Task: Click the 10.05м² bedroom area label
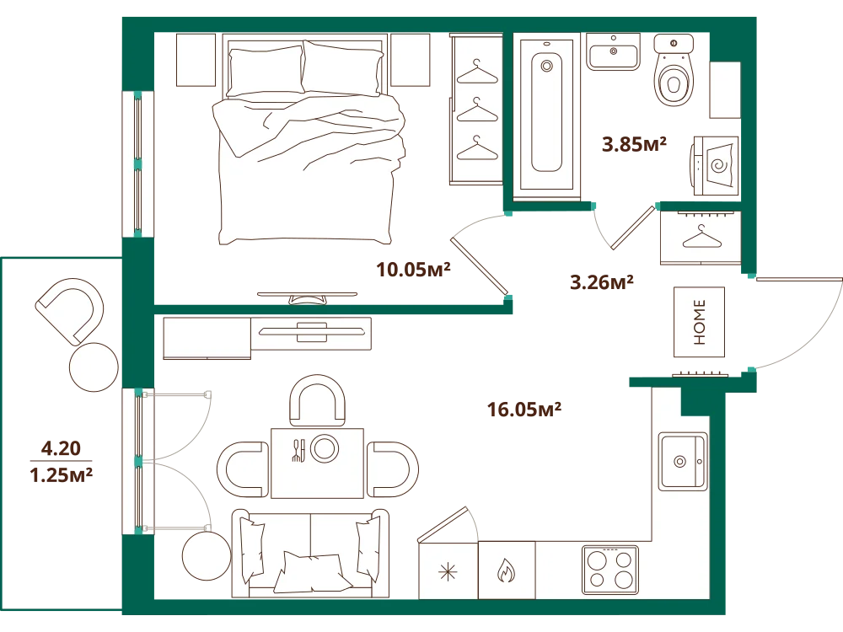[413, 270]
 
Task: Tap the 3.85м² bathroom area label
[634, 144]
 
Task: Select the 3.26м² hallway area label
[602, 282]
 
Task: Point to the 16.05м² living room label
[524, 410]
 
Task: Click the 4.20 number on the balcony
[61, 448]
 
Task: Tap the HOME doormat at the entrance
[699, 322]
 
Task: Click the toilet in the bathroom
[674, 70]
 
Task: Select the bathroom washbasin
[614, 52]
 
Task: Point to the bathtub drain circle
[547, 67]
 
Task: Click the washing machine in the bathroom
[715, 165]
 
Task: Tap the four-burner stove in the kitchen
[609, 570]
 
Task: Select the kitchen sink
[684, 461]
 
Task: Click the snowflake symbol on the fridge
[448, 572]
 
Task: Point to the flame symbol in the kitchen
[506, 570]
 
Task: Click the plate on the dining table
[325, 447]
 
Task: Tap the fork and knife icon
[298, 450]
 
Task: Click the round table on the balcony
[94, 367]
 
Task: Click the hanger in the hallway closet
[701, 237]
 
